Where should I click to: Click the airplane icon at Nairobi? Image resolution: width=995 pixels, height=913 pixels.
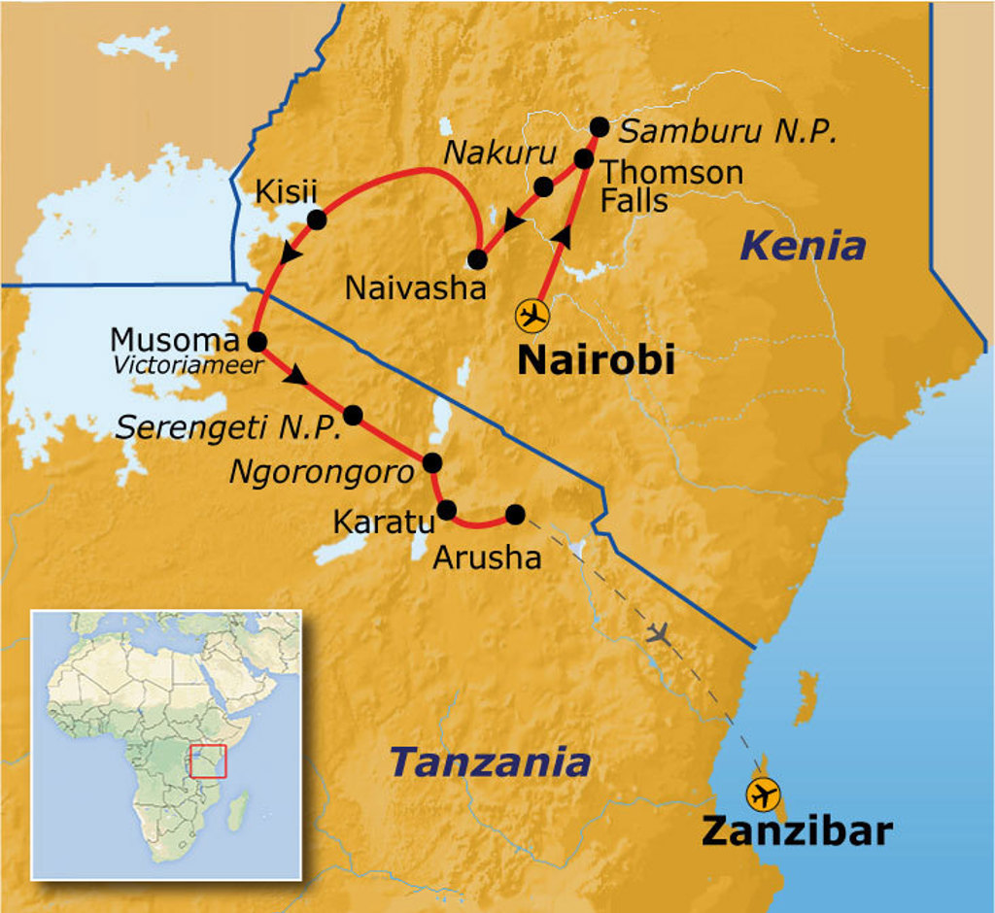(x=532, y=316)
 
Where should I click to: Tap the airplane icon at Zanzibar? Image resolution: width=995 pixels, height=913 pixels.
(x=764, y=794)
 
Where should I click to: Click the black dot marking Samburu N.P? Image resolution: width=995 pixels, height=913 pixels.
(x=600, y=126)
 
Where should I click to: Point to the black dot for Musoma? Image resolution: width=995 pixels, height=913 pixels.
(x=257, y=341)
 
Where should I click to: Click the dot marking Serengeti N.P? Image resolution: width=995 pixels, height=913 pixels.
(x=353, y=415)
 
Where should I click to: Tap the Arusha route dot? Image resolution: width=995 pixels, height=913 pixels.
(x=515, y=514)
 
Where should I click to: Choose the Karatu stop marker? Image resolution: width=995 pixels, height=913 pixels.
(x=447, y=509)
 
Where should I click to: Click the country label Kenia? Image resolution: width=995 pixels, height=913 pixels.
(x=802, y=246)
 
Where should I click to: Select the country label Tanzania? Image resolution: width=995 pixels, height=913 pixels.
(x=490, y=762)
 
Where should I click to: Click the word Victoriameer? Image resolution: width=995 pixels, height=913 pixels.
(x=189, y=366)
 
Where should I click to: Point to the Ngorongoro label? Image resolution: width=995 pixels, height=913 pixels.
(x=322, y=472)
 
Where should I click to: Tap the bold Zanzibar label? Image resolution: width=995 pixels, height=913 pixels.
(x=797, y=831)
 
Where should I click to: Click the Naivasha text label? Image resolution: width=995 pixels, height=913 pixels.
(x=416, y=287)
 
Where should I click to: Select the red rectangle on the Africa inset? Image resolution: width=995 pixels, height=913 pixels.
(x=208, y=761)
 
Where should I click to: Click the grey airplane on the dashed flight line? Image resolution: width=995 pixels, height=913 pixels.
(x=659, y=634)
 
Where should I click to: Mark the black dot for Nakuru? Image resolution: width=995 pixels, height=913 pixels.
(x=544, y=186)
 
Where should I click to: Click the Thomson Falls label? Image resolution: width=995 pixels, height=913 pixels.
(x=670, y=186)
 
